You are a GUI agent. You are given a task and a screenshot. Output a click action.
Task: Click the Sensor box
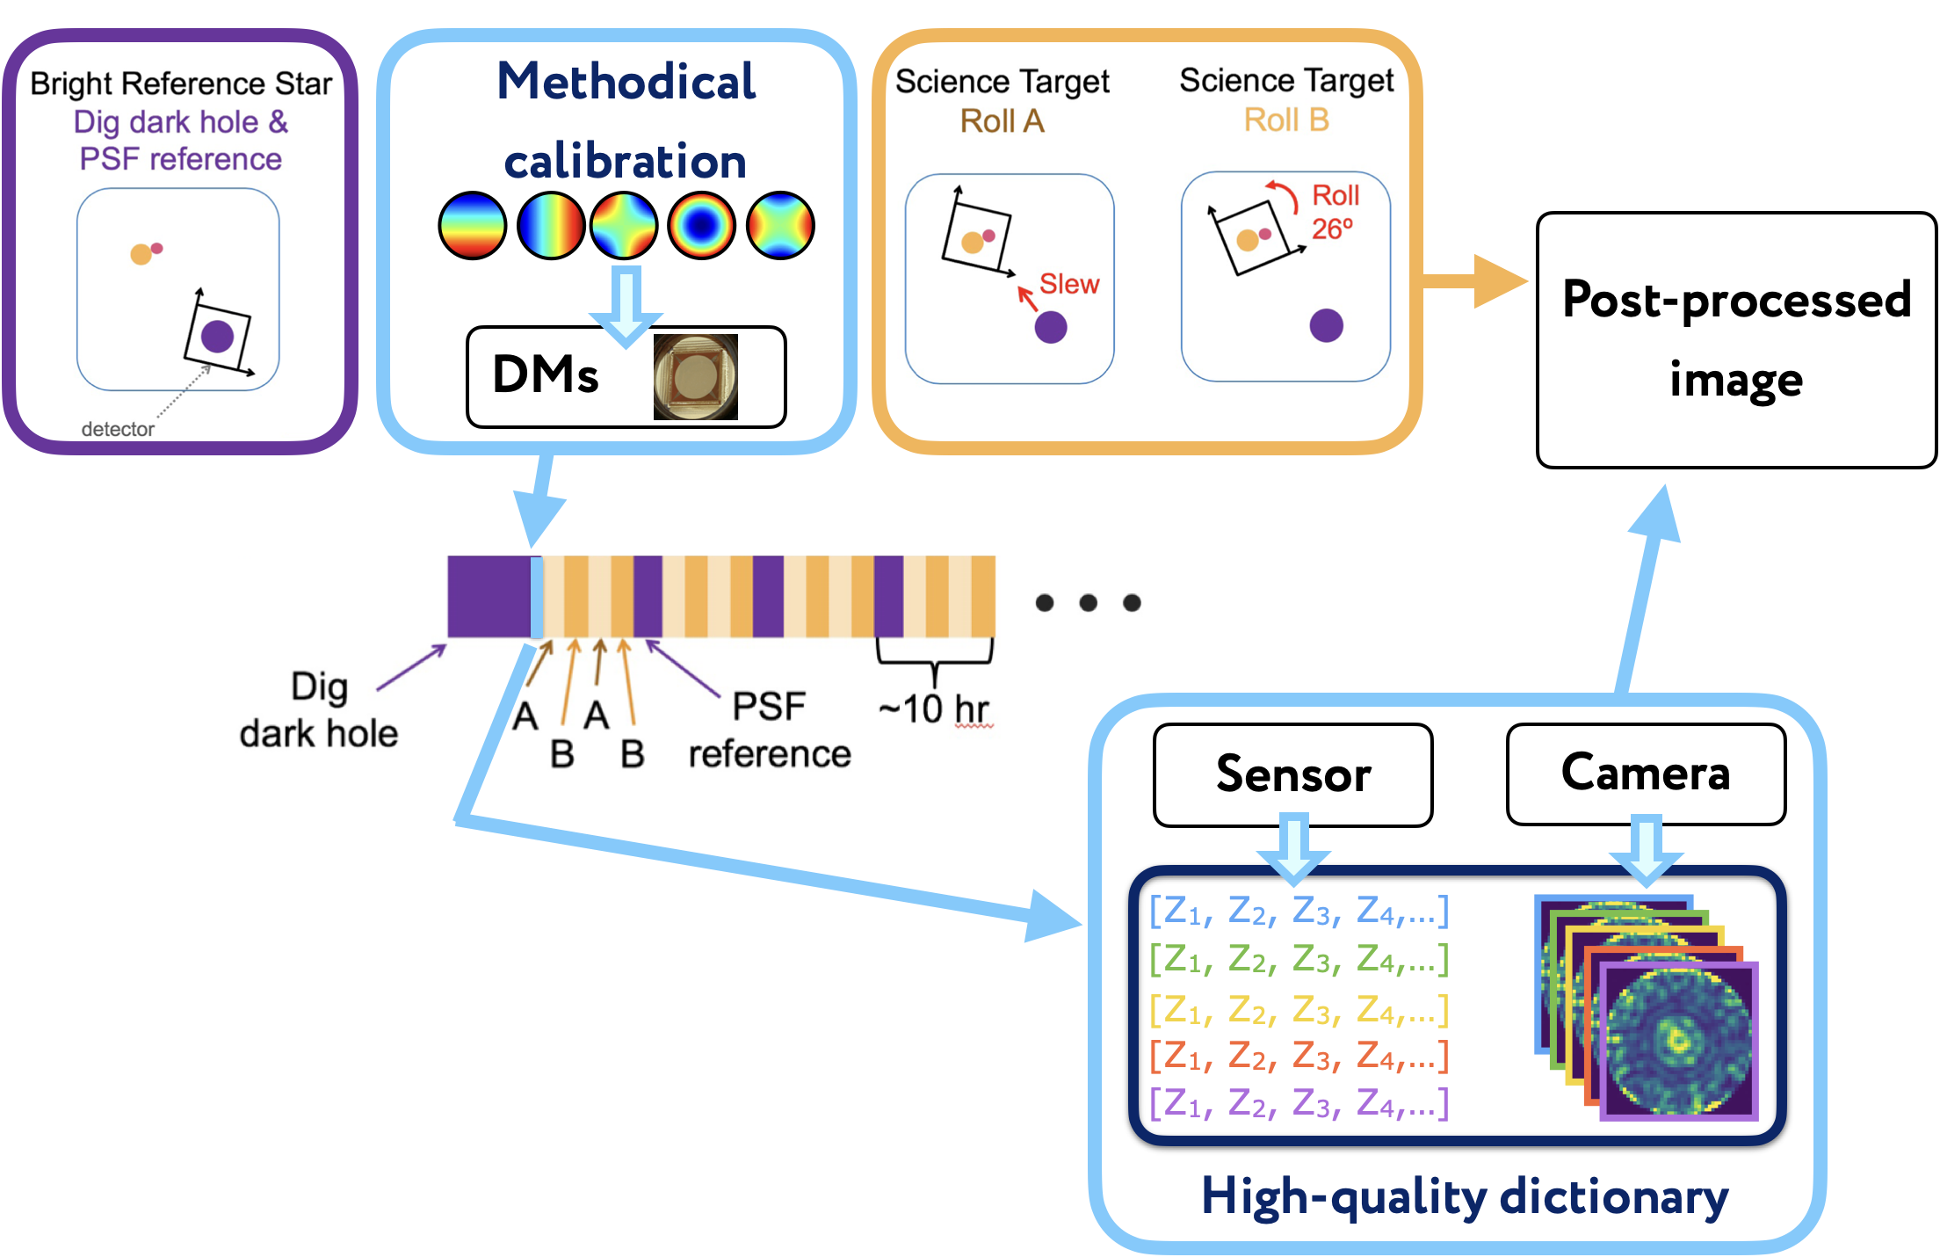pyautogui.click(x=1292, y=774)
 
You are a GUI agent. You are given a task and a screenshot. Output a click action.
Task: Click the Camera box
pyautogui.click(x=1646, y=774)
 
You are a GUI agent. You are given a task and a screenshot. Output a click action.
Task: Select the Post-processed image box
pyautogui.click(x=1736, y=340)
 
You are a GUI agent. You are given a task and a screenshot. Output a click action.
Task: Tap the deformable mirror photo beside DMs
pyautogui.click(x=695, y=377)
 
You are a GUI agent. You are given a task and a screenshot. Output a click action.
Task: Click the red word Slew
pyautogui.click(x=1069, y=284)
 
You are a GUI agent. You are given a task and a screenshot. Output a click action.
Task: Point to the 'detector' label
pyautogui.click(x=118, y=429)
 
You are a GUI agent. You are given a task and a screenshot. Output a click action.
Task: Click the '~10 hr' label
pyautogui.click(x=934, y=708)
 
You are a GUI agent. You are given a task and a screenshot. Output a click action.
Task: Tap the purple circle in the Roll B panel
pyautogui.click(x=1326, y=325)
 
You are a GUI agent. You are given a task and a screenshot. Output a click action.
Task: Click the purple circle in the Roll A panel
pyautogui.click(x=1051, y=327)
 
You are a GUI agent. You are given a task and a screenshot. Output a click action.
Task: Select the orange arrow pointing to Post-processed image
pyautogui.click(x=1473, y=281)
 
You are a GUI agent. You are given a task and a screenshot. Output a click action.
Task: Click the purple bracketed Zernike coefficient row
pyautogui.click(x=1299, y=1102)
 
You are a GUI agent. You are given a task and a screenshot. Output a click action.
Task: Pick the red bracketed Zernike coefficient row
pyautogui.click(x=1299, y=1055)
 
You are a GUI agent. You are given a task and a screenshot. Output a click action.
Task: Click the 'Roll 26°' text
pyautogui.click(x=1335, y=212)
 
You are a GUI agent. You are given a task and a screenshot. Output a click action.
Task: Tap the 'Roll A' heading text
pyautogui.click(x=1002, y=120)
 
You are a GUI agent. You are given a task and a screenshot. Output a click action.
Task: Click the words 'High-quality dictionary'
pyautogui.click(x=1465, y=1197)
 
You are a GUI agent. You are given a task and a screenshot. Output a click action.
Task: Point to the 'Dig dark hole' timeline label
pyautogui.click(x=319, y=710)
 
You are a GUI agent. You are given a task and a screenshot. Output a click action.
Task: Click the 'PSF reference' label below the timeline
pyautogui.click(x=770, y=730)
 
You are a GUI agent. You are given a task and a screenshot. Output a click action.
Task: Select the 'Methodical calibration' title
pyautogui.click(x=626, y=120)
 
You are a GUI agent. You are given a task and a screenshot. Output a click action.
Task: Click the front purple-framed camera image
pyautogui.click(x=1679, y=1041)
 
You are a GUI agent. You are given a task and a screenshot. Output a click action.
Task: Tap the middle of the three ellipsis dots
pyautogui.click(x=1088, y=603)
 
